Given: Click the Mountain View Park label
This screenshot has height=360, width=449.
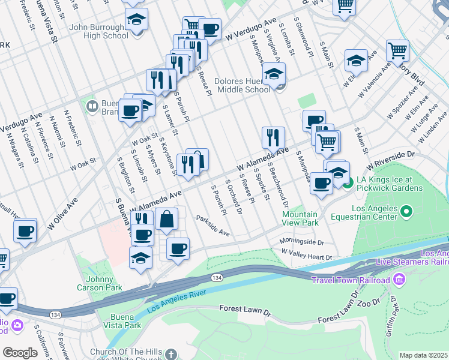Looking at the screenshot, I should click(300, 218).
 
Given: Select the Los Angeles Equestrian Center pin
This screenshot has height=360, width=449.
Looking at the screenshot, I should click(406, 211).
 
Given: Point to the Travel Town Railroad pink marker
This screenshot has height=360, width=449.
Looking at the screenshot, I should click(399, 280).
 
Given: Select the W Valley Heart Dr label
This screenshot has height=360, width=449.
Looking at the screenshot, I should click(306, 256).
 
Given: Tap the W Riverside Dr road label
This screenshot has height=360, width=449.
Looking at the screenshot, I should click(391, 158).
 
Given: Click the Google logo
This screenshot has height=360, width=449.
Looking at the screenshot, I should click(20, 353).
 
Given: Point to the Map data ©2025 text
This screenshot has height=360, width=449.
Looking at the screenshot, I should click(424, 355).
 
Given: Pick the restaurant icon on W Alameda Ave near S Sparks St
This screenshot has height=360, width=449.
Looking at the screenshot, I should click(273, 137).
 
